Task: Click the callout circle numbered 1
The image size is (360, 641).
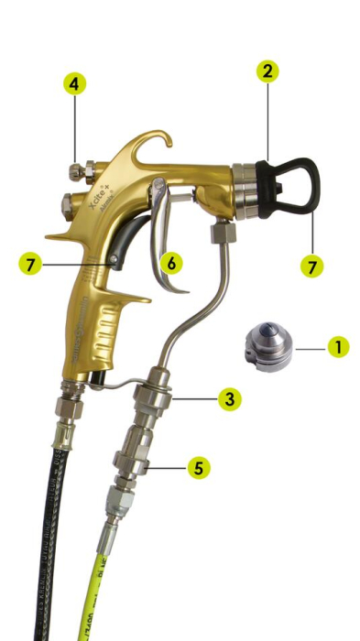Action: tap(338, 347)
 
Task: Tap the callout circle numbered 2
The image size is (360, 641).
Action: tap(267, 71)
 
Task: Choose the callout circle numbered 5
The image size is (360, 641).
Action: tap(198, 468)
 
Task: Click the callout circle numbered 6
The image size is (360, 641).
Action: tap(170, 263)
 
